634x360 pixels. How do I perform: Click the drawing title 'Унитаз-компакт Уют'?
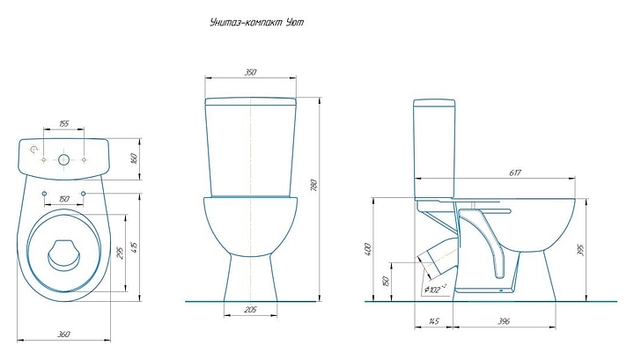pos(256,22)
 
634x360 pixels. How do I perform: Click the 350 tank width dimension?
pos(251,72)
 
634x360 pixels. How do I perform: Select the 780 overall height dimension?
pos(315,185)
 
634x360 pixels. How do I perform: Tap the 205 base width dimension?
pos(250,310)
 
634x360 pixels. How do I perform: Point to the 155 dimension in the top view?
pos(64,123)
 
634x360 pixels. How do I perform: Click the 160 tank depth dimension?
pos(135,158)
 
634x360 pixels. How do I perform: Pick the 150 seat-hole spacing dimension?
pos(64,199)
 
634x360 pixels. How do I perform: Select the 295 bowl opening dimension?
pos(120,253)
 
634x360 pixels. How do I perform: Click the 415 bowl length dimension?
pos(135,246)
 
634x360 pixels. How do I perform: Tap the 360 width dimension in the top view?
pos(64,334)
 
